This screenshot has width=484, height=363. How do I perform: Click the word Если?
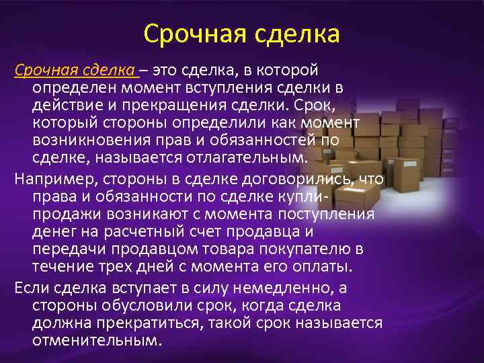pos(31,288)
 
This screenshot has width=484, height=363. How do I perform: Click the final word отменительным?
pos(97,340)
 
